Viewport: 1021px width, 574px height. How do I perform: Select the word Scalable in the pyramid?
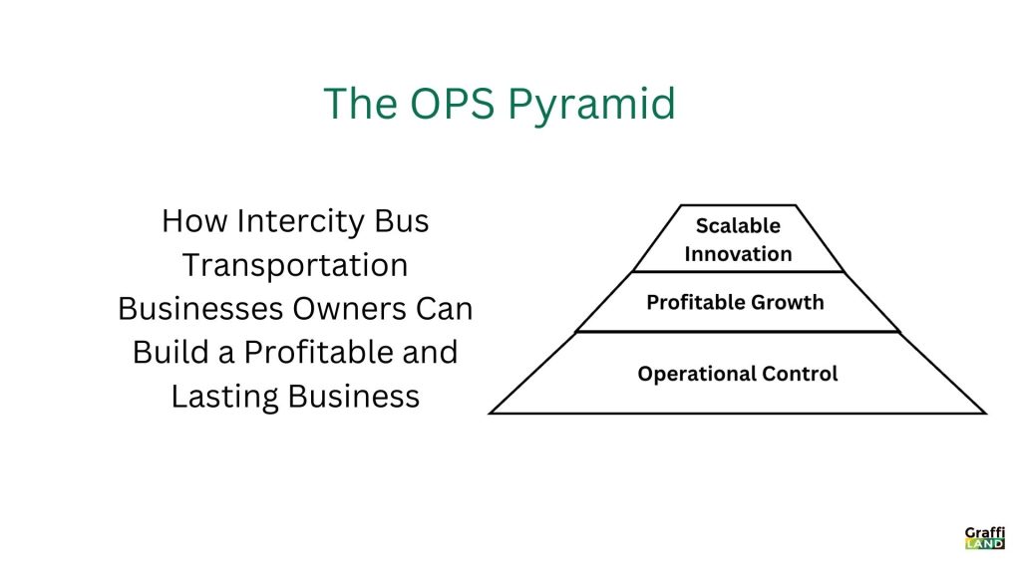738,226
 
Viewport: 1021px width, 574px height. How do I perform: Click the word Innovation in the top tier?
738,254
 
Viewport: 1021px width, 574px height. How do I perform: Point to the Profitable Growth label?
735,302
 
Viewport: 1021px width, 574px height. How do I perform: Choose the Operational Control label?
738,374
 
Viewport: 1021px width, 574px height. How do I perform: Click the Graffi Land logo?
984,537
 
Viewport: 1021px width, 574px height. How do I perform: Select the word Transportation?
295,265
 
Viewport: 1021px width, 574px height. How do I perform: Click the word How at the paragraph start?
194,221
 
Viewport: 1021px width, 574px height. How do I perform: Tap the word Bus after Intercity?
402,221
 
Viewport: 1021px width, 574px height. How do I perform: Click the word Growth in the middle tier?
788,303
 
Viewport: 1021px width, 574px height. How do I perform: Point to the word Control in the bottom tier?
800,374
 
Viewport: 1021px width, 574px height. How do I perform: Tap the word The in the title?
360,104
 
